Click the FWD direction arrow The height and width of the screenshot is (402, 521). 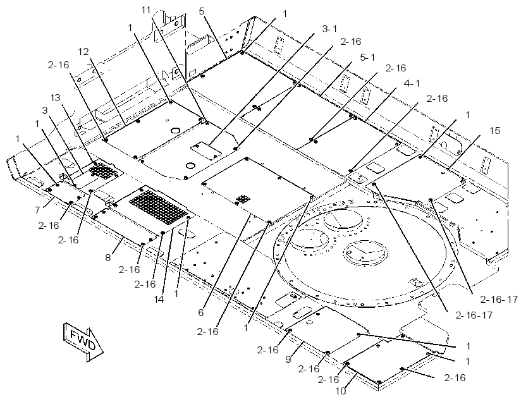[82, 341]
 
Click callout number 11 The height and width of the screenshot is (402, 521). [146, 10]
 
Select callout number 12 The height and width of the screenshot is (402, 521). [83, 51]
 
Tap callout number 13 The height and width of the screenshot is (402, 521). [56, 98]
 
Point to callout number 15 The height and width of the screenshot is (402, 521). [494, 131]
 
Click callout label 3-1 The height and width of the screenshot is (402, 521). [329, 29]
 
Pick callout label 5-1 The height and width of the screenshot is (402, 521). [367, 58]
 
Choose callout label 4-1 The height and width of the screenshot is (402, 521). [412, 83]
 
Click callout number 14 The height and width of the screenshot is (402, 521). [159, 300]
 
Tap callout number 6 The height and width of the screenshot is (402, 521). [201, 312]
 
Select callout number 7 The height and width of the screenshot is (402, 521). [37, 210]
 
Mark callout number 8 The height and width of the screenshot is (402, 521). [108, 257]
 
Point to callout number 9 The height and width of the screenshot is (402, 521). [288, 359]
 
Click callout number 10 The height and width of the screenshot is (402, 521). [341, 391]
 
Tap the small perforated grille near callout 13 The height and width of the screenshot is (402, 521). [104, 171]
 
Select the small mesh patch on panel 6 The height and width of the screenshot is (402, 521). [243, 200]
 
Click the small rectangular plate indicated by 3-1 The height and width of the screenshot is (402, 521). [206, 151]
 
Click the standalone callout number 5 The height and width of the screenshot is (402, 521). [202, 11]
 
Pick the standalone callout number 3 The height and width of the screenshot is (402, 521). [45, 111]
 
